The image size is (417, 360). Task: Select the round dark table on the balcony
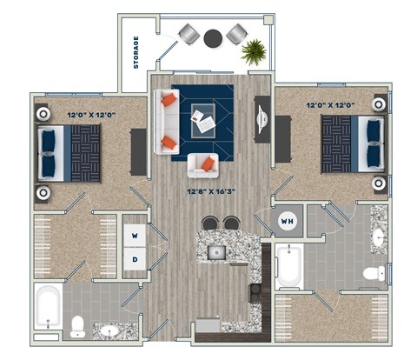[213, 37]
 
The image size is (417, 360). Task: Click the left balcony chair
[189, 35]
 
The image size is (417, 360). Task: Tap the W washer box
[135, 235]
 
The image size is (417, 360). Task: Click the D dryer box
[135, 258]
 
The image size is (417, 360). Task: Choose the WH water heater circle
[287, 222]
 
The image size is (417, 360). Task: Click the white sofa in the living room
[166, 121]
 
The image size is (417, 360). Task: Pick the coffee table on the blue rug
[204, 118]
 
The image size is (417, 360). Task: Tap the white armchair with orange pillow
[203, 164]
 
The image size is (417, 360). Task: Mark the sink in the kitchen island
[217, 253]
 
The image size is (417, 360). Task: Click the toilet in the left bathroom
[79, 326]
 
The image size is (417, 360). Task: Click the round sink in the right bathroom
[380, 237]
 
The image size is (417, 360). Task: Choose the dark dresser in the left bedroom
[137, 151]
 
